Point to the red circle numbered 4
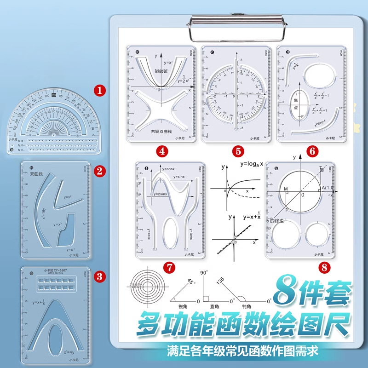pos(161,150)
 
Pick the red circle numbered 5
pos(238,150)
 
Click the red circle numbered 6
pos(312,150)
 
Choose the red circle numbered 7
pos(169,266)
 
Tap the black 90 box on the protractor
pos(54,95)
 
